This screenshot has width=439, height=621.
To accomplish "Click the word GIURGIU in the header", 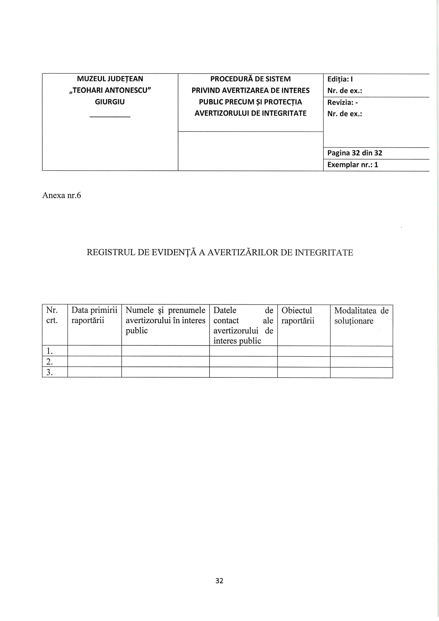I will [110, 102].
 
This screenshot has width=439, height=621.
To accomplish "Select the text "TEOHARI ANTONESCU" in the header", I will [110, 90].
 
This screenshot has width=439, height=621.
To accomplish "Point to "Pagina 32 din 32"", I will [355, 153].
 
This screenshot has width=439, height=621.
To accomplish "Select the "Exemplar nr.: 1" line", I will [353, 165].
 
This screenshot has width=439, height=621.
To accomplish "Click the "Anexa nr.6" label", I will [62, 195].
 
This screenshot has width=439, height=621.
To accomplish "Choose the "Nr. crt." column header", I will [52, 316].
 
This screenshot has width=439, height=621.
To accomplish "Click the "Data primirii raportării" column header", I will [94, 316].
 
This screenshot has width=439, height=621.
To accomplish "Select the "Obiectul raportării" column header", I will [298, 316].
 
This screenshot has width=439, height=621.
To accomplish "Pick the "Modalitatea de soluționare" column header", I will [361, 316].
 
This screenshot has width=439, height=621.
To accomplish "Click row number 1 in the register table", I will [50, 351].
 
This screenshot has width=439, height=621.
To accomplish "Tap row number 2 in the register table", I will [50, 362].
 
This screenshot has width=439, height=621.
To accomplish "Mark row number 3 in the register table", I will [50, 373].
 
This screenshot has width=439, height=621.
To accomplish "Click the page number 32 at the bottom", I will [219, 581].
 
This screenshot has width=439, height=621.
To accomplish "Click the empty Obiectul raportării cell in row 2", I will [304, 362].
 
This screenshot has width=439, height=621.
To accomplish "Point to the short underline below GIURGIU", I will [110, 117].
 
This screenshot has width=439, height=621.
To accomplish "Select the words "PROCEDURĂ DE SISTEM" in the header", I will [250, 79].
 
